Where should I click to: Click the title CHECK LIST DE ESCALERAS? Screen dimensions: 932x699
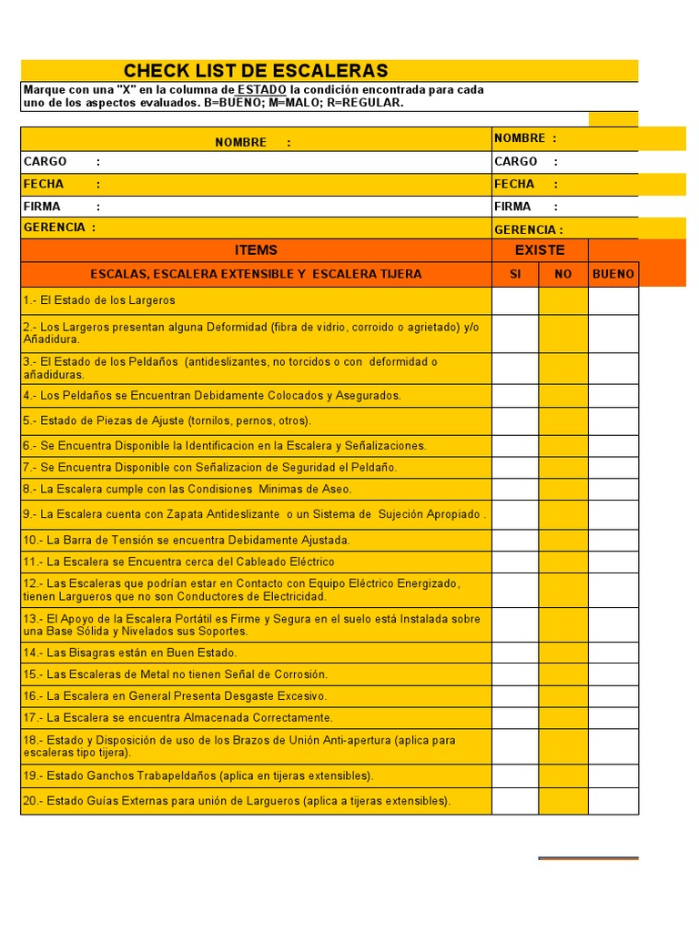click(256, 71)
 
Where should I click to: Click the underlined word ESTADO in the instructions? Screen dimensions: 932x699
click(261, 90)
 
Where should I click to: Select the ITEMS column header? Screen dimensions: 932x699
click(256, 250)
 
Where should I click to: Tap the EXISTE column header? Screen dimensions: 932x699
click(540, 250)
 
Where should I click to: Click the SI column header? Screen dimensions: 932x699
click(515, 274)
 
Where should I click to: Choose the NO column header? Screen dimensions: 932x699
click(563, 274)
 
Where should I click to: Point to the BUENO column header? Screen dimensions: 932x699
click(613, 274)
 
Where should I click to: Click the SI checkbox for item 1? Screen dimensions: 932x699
click(515, 300)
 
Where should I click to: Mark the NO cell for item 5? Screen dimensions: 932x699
click(563, 420)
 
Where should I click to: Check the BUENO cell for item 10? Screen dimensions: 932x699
click(613, 540)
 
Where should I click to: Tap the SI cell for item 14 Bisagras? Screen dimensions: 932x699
click(515, 653)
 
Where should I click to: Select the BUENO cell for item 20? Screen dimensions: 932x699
click(613, 801)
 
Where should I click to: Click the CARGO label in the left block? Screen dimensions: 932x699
click(46, 161)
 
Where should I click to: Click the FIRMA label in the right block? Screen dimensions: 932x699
click(513, 207)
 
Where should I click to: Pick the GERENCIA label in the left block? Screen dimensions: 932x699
click(55, 228)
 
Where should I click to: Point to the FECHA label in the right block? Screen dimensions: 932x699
click(514, 184)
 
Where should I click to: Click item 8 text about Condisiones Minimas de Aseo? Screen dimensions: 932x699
click(187, 489)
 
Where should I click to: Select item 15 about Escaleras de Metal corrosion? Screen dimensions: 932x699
click(175, 674)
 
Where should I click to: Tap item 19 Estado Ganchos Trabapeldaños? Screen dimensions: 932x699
click(198, 775)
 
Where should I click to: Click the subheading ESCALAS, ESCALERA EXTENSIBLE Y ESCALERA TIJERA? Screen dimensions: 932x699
click(256, 274)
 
